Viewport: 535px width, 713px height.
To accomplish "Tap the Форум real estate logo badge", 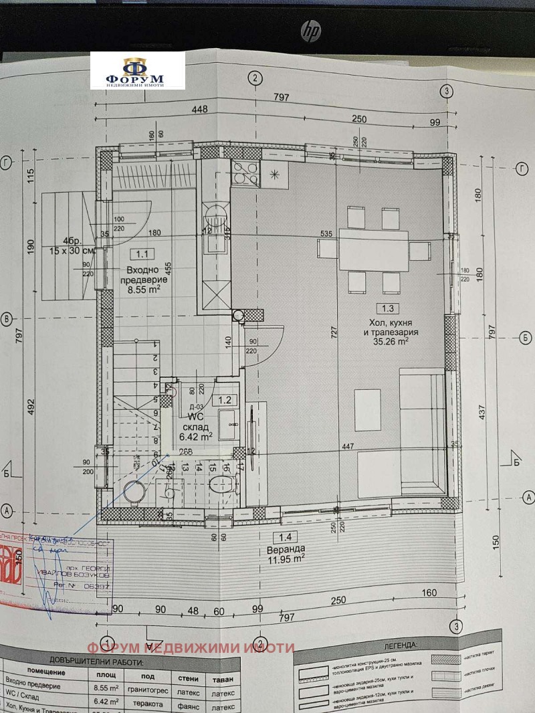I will tap(138, 71).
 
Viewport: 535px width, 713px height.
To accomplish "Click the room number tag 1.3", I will tap(388, 308).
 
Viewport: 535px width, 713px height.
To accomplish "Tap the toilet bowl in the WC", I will tap(222, 482).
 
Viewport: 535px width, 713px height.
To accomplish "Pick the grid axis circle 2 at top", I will tap(253, 78).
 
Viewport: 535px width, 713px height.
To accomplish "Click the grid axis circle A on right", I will tap(528, 497).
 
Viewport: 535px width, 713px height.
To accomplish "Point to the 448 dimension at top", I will tap(200, 110).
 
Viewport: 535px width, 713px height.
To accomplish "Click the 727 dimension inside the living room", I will tap(333, 332).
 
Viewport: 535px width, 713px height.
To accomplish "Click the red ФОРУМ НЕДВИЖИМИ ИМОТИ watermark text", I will tap(190, 647).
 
